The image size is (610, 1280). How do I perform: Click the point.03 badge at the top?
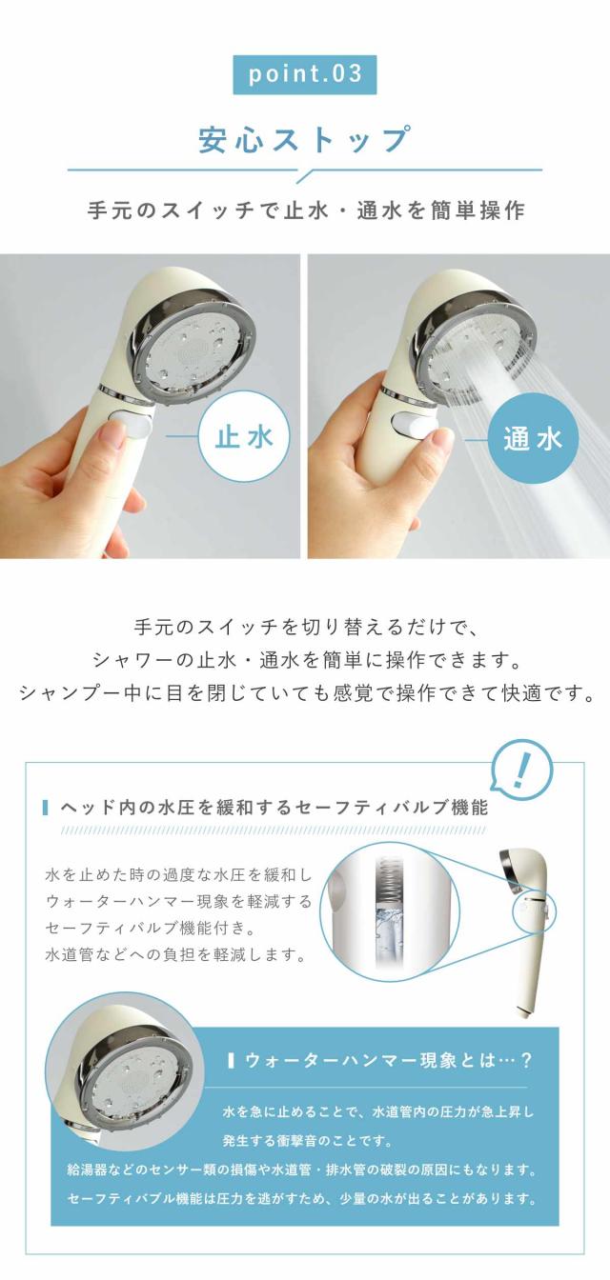[x=305, y=74]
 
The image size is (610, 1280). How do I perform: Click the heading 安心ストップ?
[x=305, y=139]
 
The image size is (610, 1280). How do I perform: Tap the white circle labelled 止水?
[x=244, y=438]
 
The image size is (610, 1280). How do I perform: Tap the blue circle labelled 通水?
[x=533, y=439]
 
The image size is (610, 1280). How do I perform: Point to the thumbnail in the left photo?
[x=115, y=439]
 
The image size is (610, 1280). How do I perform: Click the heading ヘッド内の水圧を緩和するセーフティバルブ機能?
[x=274, y=808]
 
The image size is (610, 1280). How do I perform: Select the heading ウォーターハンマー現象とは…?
[x=388, y=1061]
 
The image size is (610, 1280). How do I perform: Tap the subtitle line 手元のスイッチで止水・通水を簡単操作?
[x=306, y=210]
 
